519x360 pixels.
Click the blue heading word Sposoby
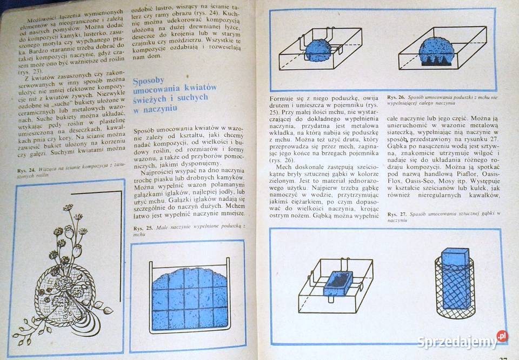[149, 81]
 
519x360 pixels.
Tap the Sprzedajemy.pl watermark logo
[462, 341]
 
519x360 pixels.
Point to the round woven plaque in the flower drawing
[59, 292]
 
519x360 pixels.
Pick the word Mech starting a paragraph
[284, 167]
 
